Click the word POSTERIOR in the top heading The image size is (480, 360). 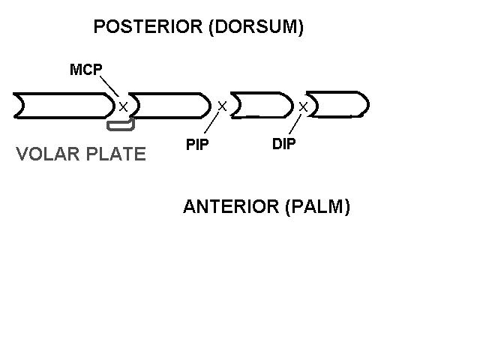coord(148,27)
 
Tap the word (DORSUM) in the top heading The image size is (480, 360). coord(256,27)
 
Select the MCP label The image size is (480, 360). coord(85,70)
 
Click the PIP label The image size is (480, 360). coord(197,145)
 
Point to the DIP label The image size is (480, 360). coord(283,144)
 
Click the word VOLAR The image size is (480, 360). coord(46,154)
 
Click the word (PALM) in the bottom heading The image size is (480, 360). coord(318,207)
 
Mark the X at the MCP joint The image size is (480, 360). coord(123,106)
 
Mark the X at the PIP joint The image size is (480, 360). coord(222,106)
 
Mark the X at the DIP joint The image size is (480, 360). coord(303,106)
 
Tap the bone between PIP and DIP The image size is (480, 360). coord(260,105)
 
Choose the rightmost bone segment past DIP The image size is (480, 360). coord(338,104)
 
